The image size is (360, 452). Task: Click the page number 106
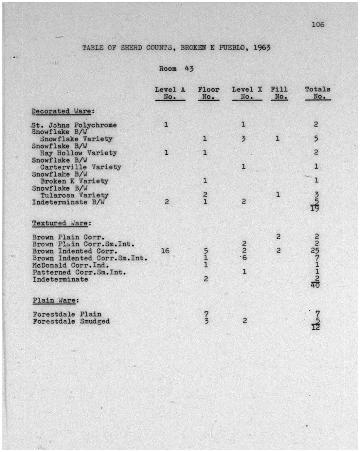tap(318, 24)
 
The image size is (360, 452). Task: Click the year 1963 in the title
tap(261, 47)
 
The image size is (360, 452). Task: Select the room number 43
tap(189, 68)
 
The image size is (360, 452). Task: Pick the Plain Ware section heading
tap(56, 300)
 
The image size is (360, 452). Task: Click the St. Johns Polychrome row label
tap(74, 125)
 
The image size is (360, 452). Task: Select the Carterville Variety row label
tap(81, 167)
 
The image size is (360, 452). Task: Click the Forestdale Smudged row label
tap(71, 321)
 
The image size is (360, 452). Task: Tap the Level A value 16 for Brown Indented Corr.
tap(165, 251)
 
